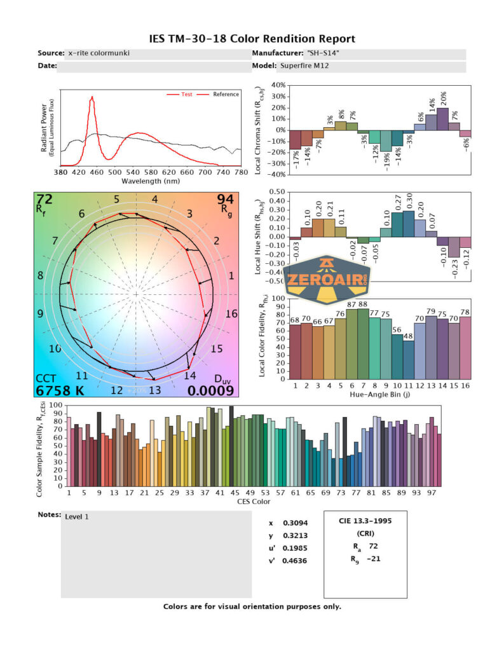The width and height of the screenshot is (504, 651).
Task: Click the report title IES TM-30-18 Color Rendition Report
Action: point(252,39)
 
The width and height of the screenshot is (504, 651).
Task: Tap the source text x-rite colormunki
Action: point(99,53)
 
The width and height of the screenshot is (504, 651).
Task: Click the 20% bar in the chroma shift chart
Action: point(442,119)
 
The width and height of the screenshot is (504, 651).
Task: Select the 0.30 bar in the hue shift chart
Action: point(409,224)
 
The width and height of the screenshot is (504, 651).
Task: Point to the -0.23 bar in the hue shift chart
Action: point(454,247)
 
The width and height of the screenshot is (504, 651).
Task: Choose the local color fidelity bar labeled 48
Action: point(409,359)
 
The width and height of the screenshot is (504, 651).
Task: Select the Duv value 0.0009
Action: point(212,390)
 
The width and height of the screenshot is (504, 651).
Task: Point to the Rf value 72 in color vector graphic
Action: point(44,200)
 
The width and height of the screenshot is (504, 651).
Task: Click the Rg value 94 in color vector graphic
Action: point(226,200)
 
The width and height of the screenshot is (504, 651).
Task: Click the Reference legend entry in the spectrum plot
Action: point(226,94)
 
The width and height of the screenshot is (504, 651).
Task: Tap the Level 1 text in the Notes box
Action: point(77,516)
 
